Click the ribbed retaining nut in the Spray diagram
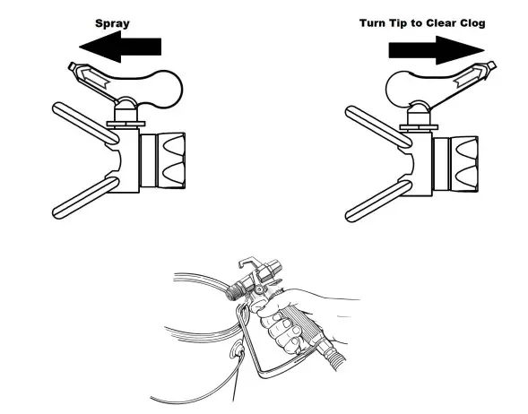point(167,161)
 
